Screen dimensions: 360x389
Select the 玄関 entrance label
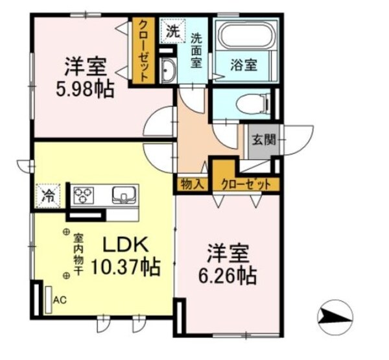264,139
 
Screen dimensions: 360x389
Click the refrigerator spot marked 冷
48,194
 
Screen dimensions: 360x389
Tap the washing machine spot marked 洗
171,30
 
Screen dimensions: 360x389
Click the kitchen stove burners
85,194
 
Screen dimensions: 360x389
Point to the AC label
60,300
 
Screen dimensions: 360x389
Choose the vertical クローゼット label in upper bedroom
143,49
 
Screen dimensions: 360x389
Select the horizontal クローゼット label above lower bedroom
246,184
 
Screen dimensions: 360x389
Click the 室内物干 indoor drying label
78,254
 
